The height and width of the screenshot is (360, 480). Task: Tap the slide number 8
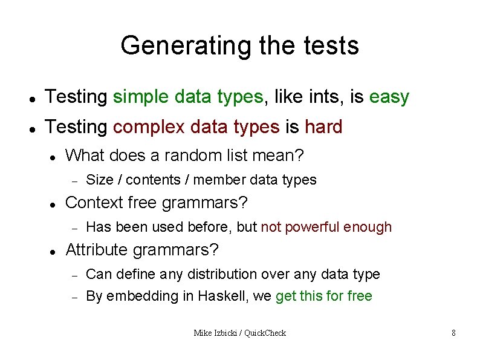[x=453, y=333]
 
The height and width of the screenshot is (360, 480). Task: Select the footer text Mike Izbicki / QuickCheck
[x=239, y=333]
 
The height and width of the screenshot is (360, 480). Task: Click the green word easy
[x=389, y=97]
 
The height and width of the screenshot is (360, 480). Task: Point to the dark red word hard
[x=323, y=127]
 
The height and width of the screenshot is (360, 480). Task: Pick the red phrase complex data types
[x=196, y=127]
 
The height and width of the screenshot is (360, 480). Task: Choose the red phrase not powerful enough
[x=326, y=227]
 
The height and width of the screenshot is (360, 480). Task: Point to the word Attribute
[x=97, y=250]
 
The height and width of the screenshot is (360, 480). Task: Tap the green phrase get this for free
[x=324, y=296]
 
